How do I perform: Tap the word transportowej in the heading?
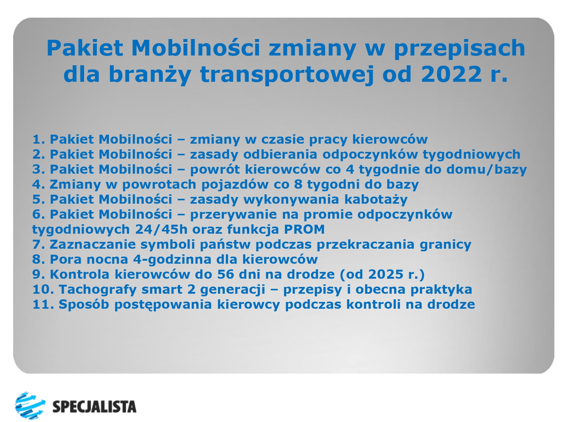click(287, 74)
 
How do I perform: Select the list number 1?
click(38, 139)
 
